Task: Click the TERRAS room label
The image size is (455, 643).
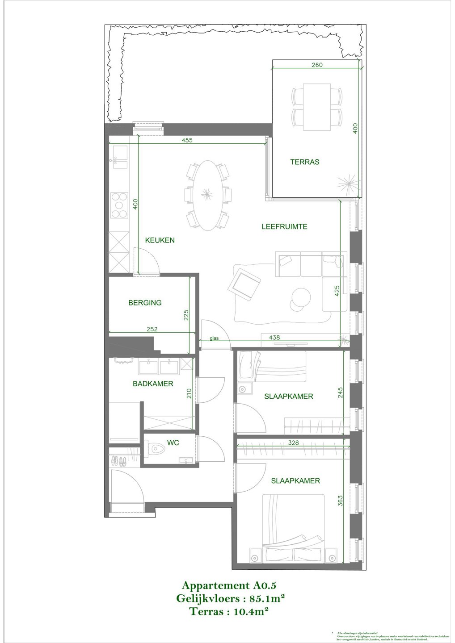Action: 305,162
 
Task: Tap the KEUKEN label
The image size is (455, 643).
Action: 160,240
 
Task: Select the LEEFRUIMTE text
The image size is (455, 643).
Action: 284,227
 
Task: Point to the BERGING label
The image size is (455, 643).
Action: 145,303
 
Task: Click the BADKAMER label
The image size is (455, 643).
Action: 153,384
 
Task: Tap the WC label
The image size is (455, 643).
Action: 173,443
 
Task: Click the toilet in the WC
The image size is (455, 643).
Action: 155,448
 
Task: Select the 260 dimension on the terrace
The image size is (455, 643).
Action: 316,65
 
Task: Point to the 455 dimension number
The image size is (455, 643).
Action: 187,140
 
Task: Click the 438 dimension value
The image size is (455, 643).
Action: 274,338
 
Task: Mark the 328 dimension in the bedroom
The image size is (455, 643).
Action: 293,443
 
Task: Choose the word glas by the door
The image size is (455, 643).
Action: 215,338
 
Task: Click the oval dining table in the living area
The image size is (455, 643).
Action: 207,195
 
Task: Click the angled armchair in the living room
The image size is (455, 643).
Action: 244,283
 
